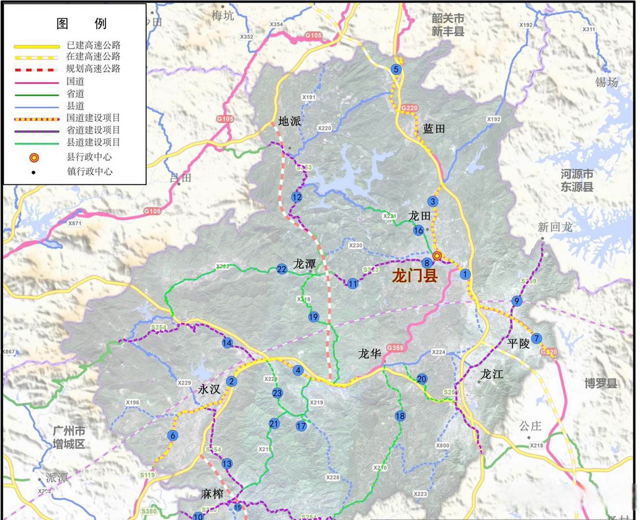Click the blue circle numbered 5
pos(396,69)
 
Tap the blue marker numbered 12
pos(297,197)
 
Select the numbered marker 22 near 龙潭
pos(282,269)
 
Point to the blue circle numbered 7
pos(536,338)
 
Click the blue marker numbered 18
pos(400,416)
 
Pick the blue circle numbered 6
pos(173,435)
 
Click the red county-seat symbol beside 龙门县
pos(437,256)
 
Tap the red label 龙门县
pos(414,276)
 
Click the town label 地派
pos(290,121)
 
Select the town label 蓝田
pos(434,129)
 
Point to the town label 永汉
pos(209,389)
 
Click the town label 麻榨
pos(212,494)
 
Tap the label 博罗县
pos(601,383)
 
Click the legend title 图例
pos(81,24)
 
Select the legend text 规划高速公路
pos(93,69)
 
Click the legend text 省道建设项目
pos(93,130)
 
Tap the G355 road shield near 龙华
pos(395,348)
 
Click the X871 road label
pos(75,223)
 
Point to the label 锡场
pos(606,82)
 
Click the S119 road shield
pos(147,475)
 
